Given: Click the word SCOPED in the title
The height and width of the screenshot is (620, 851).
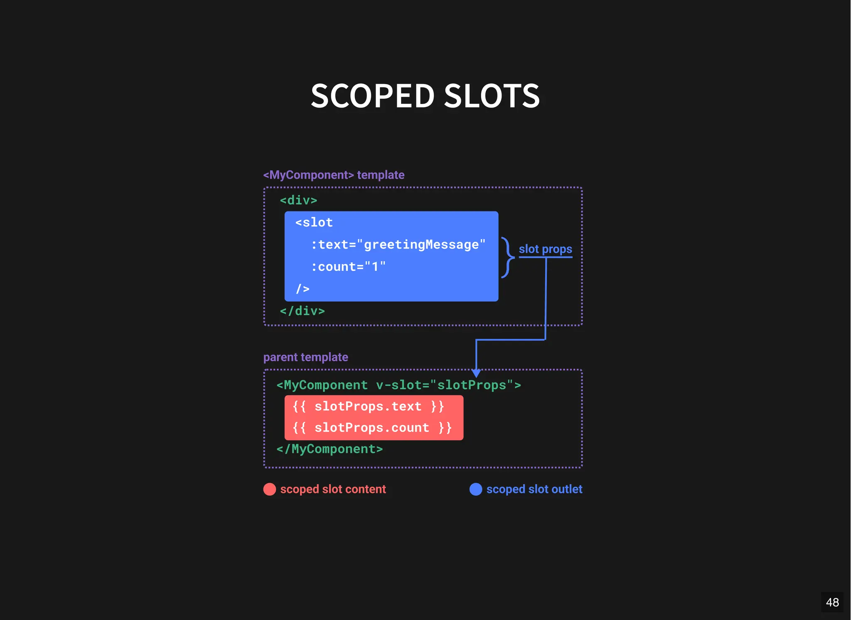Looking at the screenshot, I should click(372, 96).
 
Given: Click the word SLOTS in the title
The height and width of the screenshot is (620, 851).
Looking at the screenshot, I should click(492, 96).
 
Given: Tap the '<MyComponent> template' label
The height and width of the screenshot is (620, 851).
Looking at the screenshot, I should click(334, 175).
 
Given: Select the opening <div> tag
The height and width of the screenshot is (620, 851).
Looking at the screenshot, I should click(298, 200).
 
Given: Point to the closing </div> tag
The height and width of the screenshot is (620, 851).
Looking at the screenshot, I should click(302, 311).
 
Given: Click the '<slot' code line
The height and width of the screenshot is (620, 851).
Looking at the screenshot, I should click(314, 223).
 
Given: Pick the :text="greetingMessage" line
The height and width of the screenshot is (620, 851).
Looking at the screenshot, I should click(398, 245).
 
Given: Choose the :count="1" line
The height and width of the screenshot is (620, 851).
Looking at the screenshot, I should click(348, 267).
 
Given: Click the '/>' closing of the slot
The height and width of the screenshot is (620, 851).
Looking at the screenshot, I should click(303, 289).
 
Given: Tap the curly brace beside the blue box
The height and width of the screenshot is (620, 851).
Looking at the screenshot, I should click(507, 257).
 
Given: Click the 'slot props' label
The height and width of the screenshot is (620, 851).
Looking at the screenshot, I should click(545, 249).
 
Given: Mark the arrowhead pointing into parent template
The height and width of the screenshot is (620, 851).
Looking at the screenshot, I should click(476, 372).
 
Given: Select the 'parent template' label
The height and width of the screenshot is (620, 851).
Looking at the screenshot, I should click(305, 357).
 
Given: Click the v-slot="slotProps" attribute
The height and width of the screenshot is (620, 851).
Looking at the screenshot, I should click(448, 385).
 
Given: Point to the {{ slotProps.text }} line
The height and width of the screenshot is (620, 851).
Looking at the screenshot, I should click(368, 406).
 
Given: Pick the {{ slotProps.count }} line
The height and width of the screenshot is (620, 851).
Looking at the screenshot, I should click(372, 428).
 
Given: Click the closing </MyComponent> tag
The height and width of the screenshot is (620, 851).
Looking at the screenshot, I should click(330, 449).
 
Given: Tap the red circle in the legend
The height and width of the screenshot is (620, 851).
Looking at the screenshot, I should click(270, 489).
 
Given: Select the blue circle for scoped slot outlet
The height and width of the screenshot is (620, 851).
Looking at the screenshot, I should click(476, 489).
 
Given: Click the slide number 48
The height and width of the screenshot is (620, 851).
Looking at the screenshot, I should click(832, 602).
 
